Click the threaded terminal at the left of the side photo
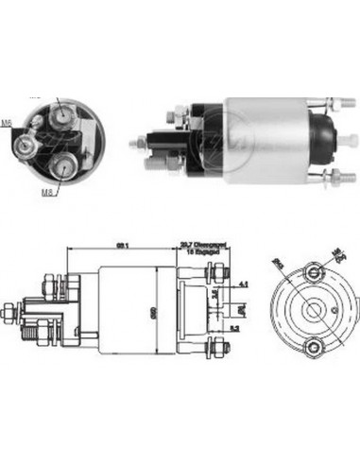click(x=142, y=144)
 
